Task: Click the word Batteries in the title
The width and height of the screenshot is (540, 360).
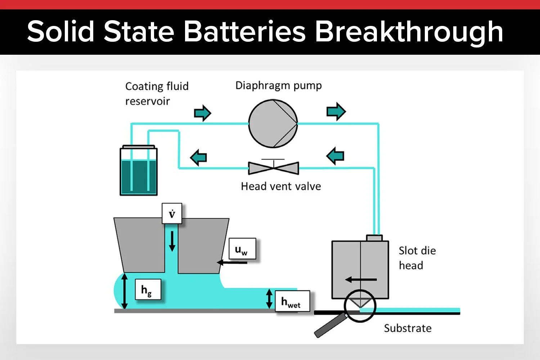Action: click(x=244, y=32)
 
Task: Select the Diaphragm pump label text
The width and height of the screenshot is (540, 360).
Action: click(x=278, y=86)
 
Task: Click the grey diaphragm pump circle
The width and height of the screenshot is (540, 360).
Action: click(x=273, y=123)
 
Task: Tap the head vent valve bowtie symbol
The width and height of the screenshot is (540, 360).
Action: click(x=274, y=168)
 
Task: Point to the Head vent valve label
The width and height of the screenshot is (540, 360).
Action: click(x=281, y=186)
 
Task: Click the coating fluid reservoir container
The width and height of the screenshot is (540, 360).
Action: click(x=139, y=173)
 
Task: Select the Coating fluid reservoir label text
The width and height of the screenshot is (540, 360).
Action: click(x=157, y=94)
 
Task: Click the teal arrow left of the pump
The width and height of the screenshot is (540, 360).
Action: click(x=202, y=113)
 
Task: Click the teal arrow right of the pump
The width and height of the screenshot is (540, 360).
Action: click(x=336, y=111)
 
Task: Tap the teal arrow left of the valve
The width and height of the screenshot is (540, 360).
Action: click(x=198, y=157)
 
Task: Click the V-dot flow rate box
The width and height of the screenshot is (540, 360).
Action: click(x=172, y=214)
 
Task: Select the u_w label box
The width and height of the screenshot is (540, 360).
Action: click(x=242, y=249)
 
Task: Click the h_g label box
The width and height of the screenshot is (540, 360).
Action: click(x=148, y=289)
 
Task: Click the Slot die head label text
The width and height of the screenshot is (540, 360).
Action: click(x=417, y=258)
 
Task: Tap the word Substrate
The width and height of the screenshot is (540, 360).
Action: click(x=408, y=328)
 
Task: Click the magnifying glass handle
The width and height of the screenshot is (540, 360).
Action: click(x=328, y=326)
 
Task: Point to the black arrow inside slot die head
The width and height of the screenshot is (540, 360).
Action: click(x=361, y=279)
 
